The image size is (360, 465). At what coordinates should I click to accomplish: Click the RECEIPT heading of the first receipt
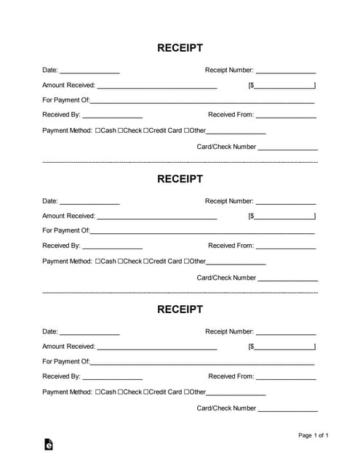coord(180,48)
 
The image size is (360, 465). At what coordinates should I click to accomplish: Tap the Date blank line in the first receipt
coord(89,72)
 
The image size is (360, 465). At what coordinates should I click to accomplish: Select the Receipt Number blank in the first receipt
coord(286,72)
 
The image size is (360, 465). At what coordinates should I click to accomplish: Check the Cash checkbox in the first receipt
coord(98,131)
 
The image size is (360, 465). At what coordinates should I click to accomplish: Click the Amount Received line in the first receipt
coord(156,86)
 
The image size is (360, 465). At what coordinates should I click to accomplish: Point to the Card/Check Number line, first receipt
coord(288,148)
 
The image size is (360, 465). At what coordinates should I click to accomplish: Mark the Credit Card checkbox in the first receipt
coord(146,131)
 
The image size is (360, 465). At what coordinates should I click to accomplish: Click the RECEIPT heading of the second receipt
coord(180,179)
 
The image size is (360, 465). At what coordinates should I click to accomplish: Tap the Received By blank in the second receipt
coord(113,247)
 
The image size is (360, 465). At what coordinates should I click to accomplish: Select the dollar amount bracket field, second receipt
coord(284,217)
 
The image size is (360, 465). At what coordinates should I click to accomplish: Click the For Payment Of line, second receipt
coord(202,232)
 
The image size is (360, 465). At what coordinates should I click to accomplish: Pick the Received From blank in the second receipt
coord(286,247)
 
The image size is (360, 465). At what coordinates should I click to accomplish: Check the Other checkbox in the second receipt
coord(187,262)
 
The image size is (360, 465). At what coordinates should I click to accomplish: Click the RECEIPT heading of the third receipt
coord(180,310)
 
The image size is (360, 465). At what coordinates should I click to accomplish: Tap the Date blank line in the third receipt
coord(89,333)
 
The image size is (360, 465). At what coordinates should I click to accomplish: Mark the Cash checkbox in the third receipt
coord(98,392)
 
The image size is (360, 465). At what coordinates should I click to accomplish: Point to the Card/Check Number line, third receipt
coord(288,410)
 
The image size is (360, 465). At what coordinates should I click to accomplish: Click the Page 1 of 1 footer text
coord(313,436)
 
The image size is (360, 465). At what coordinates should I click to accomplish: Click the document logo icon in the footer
coord(48,444)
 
